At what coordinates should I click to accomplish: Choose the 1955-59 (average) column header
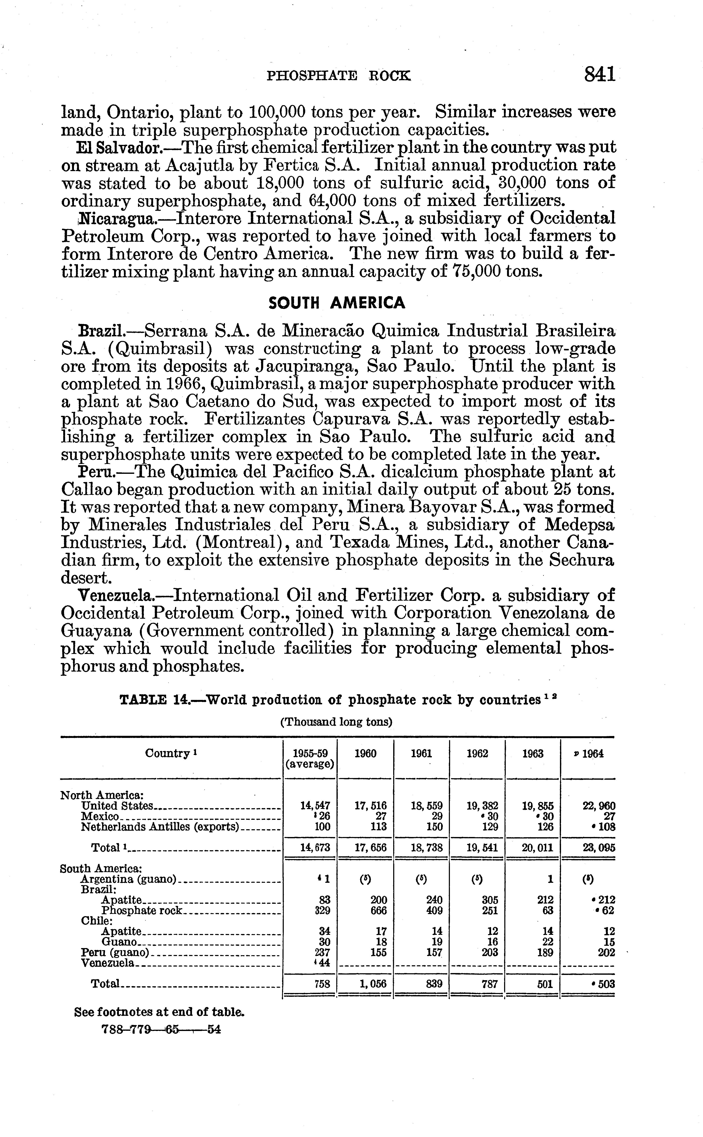point(310,759)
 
